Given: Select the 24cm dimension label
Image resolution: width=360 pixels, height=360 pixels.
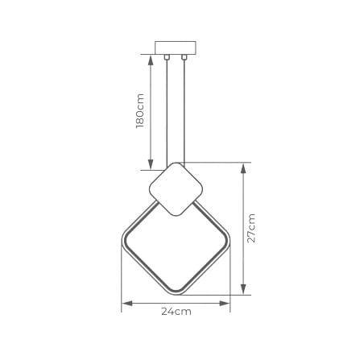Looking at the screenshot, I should [176, 311].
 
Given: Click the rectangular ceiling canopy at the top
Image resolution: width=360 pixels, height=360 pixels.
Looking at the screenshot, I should [176, 47].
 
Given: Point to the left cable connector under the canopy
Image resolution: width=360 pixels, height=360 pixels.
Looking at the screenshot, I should [167, 56].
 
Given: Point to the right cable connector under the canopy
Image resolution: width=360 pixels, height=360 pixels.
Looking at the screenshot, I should [184, 56].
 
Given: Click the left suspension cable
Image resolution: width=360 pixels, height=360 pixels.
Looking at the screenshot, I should [167, 113].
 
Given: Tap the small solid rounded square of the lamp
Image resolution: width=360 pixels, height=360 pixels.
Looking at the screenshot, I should [176, 189].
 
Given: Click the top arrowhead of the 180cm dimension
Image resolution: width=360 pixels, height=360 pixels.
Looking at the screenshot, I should [151, 58].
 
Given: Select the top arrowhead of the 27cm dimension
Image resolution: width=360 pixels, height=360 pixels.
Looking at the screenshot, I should [244, 167].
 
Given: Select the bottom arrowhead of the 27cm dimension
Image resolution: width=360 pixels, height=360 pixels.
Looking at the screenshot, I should [244, 290].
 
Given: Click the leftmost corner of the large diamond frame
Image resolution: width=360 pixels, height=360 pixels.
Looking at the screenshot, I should [123, 241].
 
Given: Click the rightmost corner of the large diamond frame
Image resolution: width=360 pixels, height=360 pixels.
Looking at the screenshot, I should [230, 241].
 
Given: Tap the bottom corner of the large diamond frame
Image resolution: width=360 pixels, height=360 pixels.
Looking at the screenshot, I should [176, 293].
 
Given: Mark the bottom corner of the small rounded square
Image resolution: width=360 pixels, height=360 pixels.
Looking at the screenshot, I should [176, 215].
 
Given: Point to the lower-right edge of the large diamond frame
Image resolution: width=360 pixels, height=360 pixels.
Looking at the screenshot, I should [205, 267].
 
